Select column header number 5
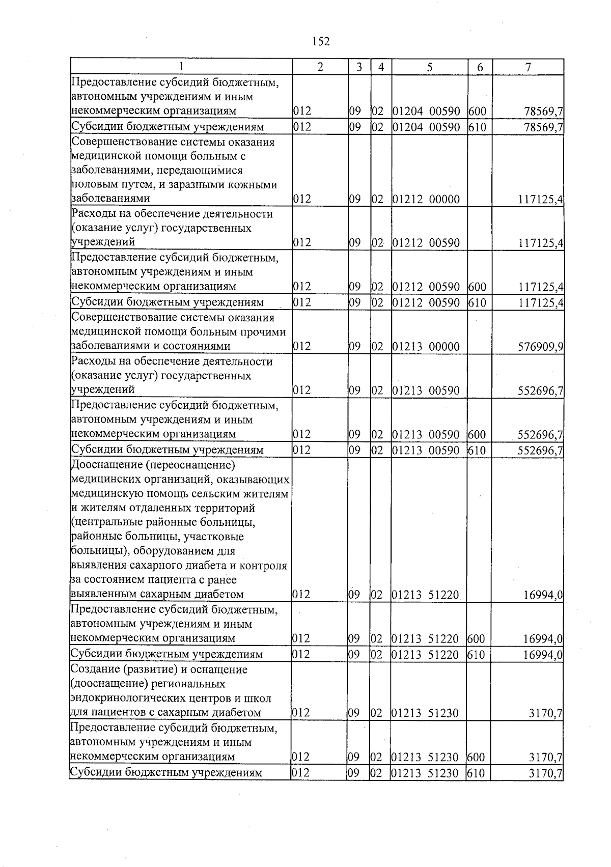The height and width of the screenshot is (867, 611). [430, 67]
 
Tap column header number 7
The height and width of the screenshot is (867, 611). [528, 67]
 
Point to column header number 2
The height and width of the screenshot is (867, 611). [320, 67]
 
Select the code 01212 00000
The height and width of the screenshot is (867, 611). [427, 200]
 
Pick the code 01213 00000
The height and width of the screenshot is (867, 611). [427, 347]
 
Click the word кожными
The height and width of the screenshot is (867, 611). [256, 185]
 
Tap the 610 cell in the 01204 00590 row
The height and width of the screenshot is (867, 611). [478, 127]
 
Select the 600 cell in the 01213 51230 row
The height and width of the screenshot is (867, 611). [477, 757]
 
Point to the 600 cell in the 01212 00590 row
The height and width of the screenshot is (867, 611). [478, 287]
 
